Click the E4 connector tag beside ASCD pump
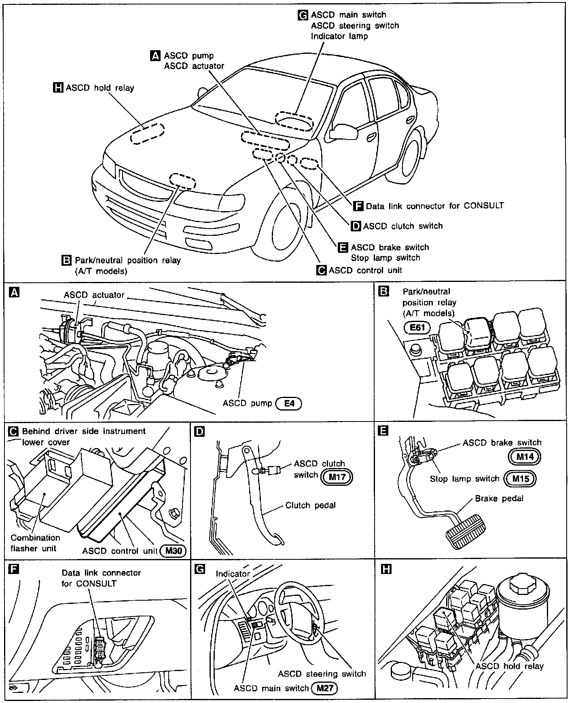(x=288, y=403)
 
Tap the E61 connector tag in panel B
(x=417, y=327)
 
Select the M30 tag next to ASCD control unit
(x=173, y=551)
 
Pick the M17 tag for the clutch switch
(x=337, y=477)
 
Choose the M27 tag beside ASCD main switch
(x=325, y=688)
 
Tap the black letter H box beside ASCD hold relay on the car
(x=58, y=88)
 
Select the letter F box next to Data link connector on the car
(x=358, y=206)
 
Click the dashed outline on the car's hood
(x=148, y=134)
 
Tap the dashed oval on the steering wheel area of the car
(x=294, y=120)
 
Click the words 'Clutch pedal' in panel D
(x=310, y=505)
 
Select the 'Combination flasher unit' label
(x=35, y=543)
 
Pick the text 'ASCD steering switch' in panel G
(x=322, y=673)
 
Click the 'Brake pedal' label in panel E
(x=499, y=498)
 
